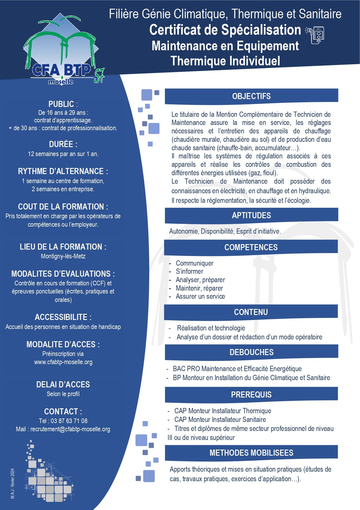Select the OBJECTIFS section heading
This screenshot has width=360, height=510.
click(251, 96)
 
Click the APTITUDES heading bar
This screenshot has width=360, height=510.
click(251, 215)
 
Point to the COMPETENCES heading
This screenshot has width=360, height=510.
click(251, 247)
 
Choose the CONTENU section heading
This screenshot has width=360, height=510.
click(251, 312)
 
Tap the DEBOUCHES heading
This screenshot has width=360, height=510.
click(251, 352)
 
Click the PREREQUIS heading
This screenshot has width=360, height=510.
click(251, 395)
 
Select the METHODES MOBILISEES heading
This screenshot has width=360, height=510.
click(251, 453)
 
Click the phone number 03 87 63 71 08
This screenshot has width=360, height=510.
click(69, 421)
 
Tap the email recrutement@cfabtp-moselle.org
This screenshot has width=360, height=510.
click(70, 429)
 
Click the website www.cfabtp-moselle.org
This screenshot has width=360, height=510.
click(63, 362)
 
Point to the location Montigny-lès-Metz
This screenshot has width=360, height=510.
click(63, 256)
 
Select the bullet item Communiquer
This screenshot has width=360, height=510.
click(195, 263)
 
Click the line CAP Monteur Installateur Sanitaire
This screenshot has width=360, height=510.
click(220, 420)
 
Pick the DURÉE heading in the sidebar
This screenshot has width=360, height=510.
click(63, 144)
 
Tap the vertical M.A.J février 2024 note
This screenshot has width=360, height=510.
click(12, 484)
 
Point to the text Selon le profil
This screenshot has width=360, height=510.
click(63, 394)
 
